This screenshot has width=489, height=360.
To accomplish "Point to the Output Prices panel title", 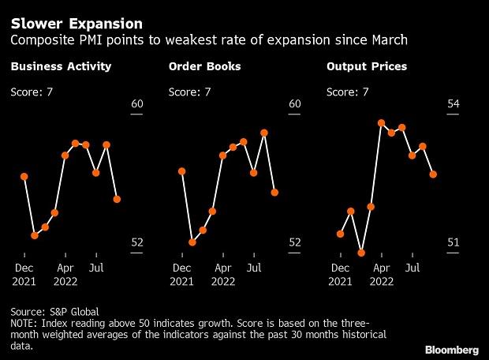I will coord(367,66).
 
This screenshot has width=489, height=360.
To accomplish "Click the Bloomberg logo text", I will coord(453,348).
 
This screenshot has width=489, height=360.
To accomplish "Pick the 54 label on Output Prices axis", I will coord(453,104).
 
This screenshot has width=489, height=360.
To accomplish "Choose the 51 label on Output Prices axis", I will coord(453,242).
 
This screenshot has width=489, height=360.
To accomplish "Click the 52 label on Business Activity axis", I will coord(137,242).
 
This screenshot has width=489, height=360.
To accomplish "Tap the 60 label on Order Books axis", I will coord(295,104).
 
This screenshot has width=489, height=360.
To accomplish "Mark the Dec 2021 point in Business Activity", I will coord(24,177).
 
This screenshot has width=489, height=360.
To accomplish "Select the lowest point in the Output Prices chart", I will coord(361,253).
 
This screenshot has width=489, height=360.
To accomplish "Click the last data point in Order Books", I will coord(275,192).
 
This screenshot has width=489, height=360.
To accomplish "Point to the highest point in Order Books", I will coord(264,133).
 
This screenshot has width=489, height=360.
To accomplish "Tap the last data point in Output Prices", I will coord(433,174).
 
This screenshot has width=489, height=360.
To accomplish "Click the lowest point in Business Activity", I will coord(35,235).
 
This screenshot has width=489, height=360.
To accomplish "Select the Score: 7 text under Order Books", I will coord(189,92).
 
